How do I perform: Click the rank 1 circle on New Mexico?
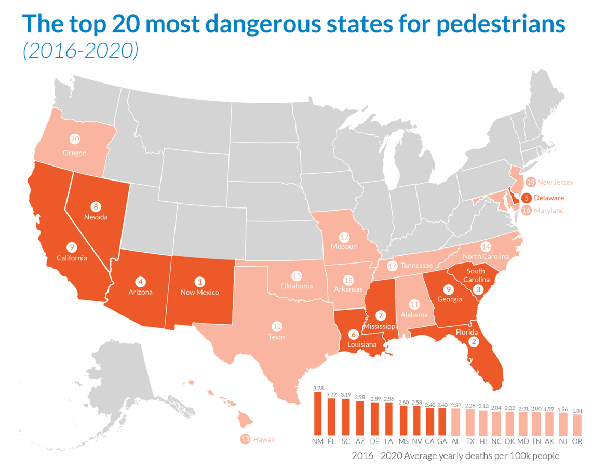click(199, 282)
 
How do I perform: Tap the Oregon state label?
click(75, 153)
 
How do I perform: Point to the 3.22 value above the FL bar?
click(331, 394)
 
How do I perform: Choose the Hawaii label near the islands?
click(264, 439)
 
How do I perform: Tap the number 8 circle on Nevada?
click(96, 207)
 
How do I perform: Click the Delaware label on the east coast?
click(549, 198)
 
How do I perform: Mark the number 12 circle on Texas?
click(277, 326)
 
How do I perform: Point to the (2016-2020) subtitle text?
click(80, 51)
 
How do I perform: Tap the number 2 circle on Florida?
click(474, 341)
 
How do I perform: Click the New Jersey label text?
click(556, 182)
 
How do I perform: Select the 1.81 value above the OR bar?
click(576, 411)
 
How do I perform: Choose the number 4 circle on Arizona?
click(141, 282)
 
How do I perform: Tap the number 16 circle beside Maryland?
click(526, 211)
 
